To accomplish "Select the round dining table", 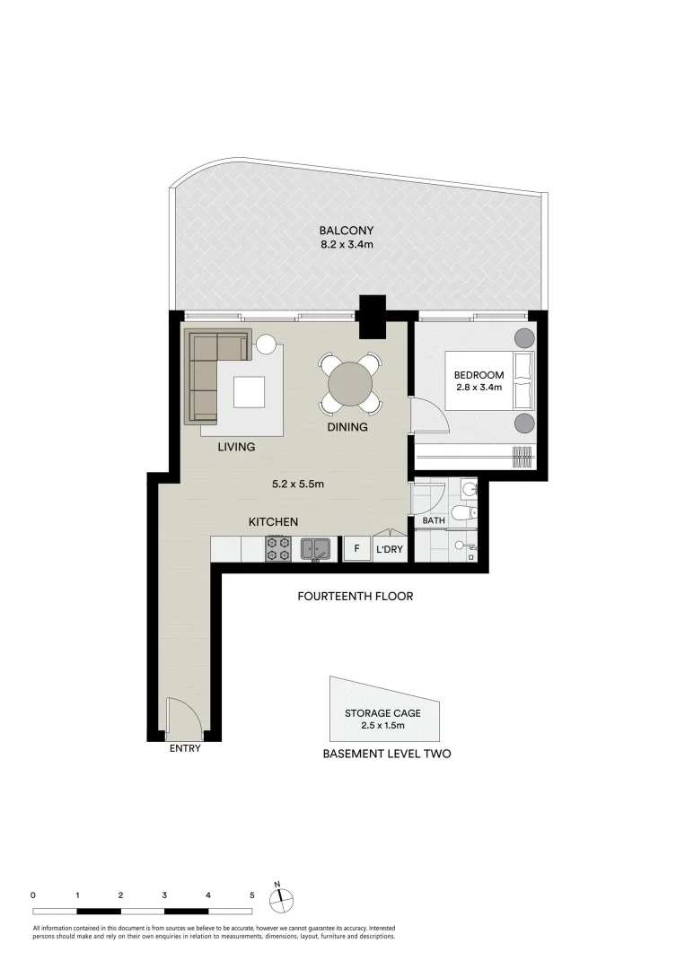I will coord(349,384).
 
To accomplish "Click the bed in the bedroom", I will coord(490,380).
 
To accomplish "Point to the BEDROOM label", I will coord(478,374).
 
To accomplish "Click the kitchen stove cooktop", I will coord(277,549).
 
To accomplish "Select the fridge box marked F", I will coord(356,548).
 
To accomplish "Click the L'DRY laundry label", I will coord(390,549).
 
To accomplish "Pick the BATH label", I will coord(434,520).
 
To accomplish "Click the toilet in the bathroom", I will coord(461,513).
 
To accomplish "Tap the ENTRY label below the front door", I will coord(185,748).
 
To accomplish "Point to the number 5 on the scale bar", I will coord(252,895).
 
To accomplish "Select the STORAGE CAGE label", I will coord(382,713).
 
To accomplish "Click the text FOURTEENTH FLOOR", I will coord(356,596).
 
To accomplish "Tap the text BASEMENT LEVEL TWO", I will coord(386,754).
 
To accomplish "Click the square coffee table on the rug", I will coord(249,392).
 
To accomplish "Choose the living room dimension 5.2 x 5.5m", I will coord(297,484).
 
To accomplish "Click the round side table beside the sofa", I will coord(266,344).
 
